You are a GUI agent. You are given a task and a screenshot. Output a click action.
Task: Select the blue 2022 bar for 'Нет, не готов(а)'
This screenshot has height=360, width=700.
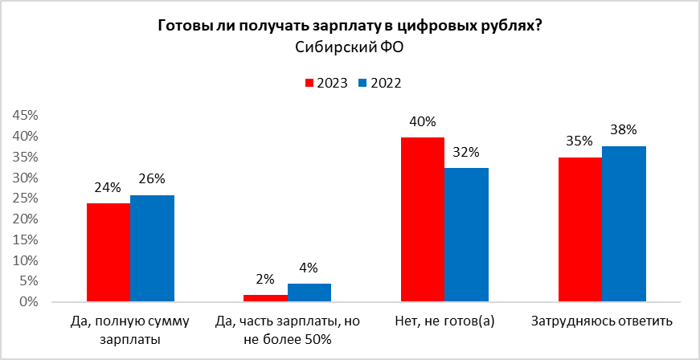point(466,235)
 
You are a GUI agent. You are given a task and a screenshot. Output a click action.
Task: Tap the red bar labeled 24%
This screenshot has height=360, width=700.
point(108,252)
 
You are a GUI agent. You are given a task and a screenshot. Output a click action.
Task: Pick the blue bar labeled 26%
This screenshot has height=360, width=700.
point(152,248)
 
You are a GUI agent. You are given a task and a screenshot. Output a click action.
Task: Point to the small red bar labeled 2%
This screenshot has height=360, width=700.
point(265,298)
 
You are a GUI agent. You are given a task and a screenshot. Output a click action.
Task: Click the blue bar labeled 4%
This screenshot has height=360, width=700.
point(309,292)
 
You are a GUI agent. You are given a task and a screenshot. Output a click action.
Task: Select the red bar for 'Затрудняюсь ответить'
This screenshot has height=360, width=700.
point(579,229)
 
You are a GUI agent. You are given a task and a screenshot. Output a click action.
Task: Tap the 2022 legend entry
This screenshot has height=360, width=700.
point(379,83)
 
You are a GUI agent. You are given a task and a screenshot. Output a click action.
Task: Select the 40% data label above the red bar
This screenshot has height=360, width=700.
point(422,122)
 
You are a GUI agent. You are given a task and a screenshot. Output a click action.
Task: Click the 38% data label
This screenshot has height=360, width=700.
point(624,129)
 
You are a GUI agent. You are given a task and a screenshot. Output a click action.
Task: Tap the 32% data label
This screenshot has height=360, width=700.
point(466,152)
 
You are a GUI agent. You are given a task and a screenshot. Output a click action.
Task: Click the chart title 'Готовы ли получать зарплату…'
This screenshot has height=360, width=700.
point(350,26)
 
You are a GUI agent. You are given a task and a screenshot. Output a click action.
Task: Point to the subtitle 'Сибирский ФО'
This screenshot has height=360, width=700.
point(350,48)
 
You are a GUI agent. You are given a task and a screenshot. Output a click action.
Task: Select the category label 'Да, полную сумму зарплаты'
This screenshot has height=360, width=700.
point(130,330)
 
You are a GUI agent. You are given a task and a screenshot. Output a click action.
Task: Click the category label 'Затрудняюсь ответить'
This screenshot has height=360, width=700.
point(602,322)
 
